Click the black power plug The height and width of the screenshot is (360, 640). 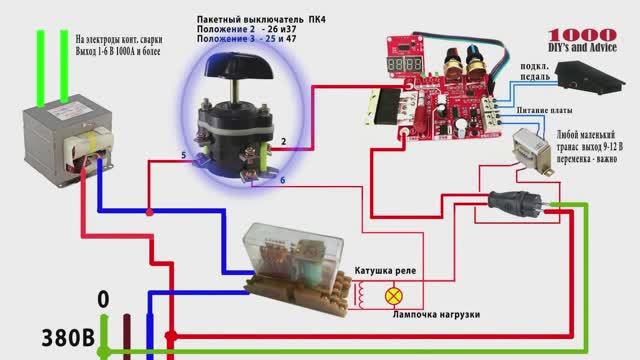514,204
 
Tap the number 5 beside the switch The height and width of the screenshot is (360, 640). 183,156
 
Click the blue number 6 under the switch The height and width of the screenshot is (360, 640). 282,180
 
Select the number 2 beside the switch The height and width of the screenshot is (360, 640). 284,144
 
